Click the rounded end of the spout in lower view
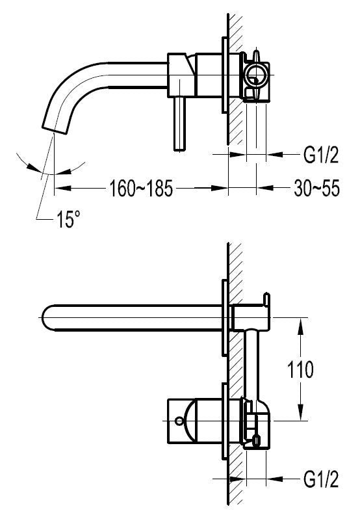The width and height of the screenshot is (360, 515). tap(46, 318)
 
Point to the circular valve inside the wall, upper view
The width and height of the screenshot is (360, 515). tap(257, 75)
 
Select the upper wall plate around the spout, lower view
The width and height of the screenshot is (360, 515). tap(224, 319)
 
